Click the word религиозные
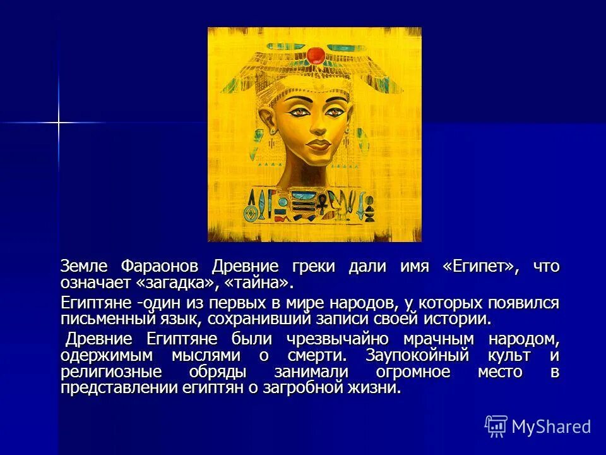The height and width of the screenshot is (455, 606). (x=111, y=372)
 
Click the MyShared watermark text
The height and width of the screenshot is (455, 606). (x=551, y=427)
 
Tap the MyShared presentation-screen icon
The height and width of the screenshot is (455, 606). (x=496, y=426)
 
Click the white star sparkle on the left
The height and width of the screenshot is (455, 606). (x=58, y=122)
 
